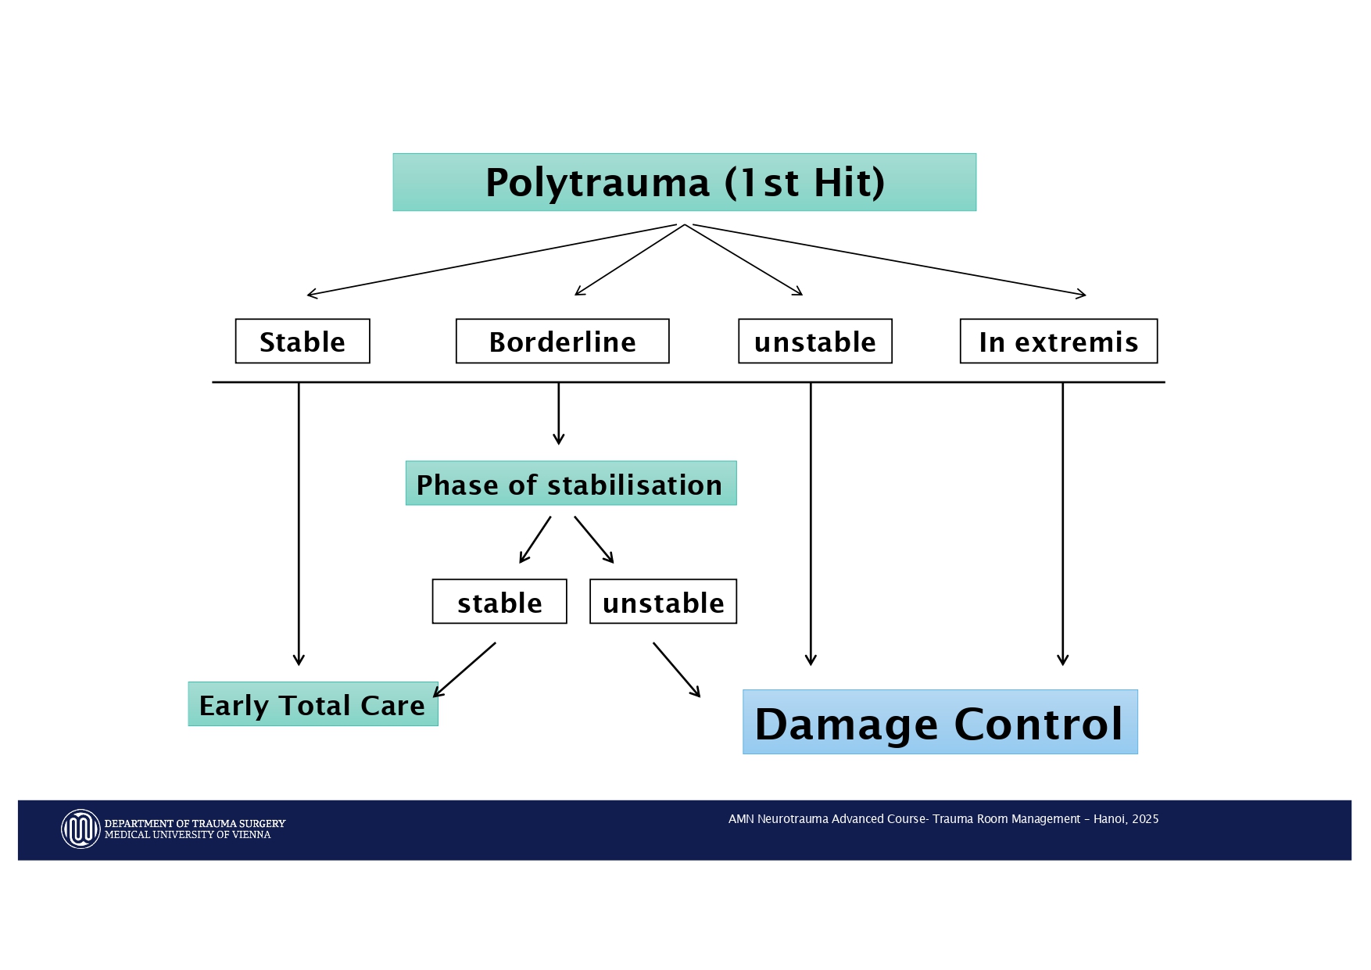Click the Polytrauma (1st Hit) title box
click(x=684, y=182)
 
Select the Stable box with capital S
click(x=302, y=342)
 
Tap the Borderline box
click(x=562, y=342)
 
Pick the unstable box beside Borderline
click(x=814, y=342)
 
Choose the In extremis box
click(x=1058, y=342)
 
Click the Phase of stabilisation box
click(x=571, y=484)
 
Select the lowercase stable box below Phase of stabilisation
click(x=499, y=602)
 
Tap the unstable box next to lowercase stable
click(x=663, y=602)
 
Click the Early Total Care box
click(x=313, y=704)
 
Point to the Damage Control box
click(x=940, y=722)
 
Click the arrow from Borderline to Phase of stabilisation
click(x=559, y=414)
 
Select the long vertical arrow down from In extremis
click(x=1062, y=524)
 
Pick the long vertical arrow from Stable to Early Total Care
click(x=299, y=524)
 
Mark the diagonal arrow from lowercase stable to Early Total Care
click(x=465, y=669)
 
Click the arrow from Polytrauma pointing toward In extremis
click(x=891, y=260)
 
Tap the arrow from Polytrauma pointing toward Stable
click(x=492, y=260)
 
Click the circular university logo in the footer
click(x=81, y=829)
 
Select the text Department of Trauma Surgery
click(x=195, y=824)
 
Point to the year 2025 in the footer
click(x=1145, y=819)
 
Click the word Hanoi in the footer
click(x=1108, y=819)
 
